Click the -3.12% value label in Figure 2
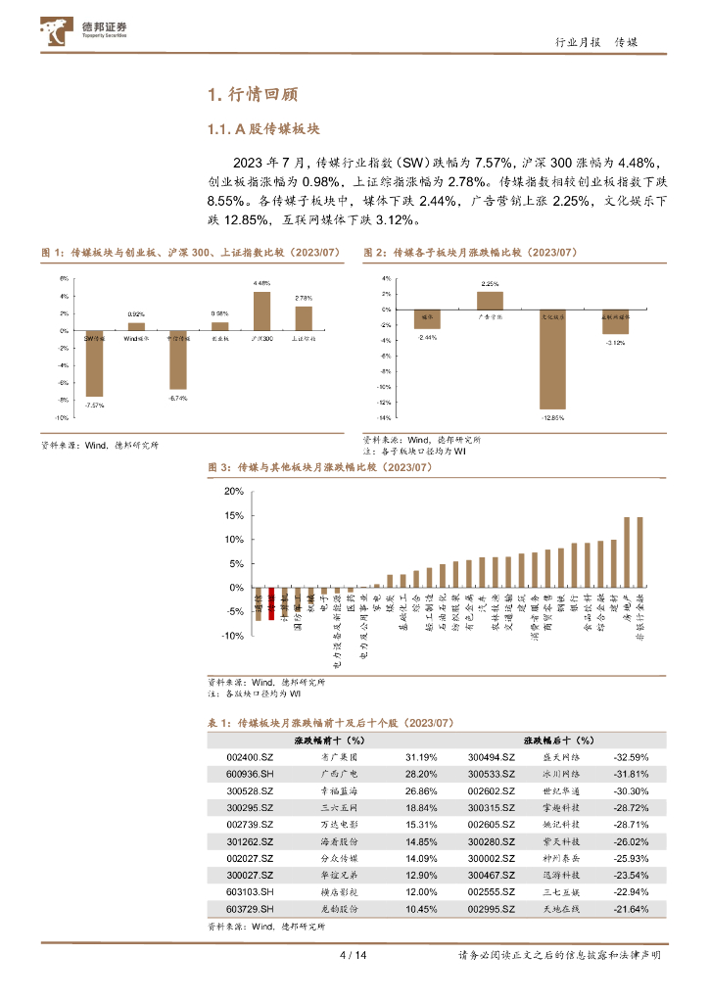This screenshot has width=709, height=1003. [x=615, y=343]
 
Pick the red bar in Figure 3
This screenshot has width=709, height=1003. [x=271, y=599]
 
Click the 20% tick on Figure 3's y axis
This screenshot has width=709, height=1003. [x=234, y=491]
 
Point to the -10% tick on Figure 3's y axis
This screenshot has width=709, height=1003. [x=232, y=636]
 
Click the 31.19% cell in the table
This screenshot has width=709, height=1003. [x=421, y=757]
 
